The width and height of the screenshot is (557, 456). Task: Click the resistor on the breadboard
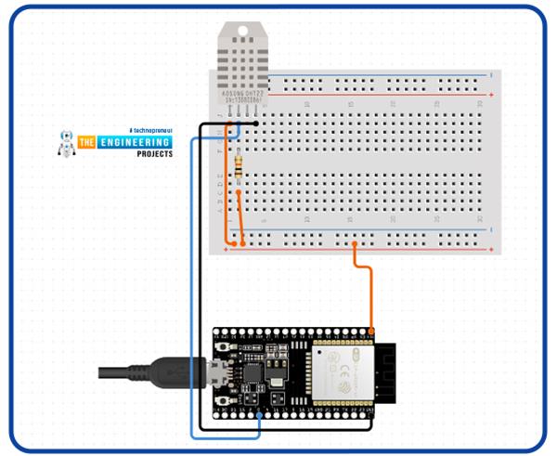(240, 166)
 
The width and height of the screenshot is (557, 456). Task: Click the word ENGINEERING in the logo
(135, 142)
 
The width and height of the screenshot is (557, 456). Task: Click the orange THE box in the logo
(88, 142)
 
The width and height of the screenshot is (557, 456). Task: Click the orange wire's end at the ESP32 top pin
(370, 330)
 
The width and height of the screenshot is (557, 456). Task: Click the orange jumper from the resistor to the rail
(239, 218)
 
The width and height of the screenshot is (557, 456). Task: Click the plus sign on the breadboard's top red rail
(490, 95)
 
